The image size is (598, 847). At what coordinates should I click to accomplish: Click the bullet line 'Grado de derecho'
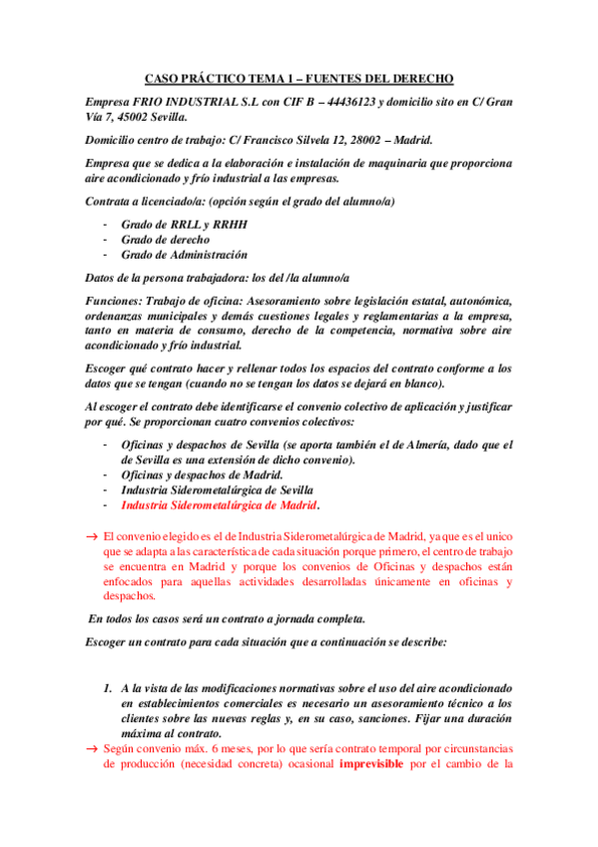tap(165, 240)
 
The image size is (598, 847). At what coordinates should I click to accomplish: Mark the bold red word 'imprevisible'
tap(374, 764)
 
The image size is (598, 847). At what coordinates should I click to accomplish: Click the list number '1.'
tap(109, 688)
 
